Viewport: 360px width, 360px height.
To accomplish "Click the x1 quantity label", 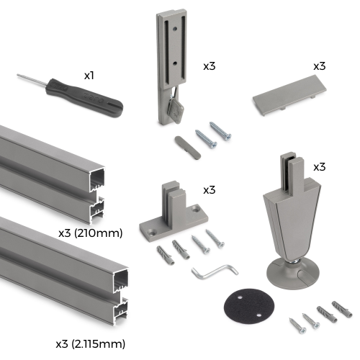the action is [x=89, y=76].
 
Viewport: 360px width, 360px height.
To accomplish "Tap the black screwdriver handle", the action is [x=84, y=97].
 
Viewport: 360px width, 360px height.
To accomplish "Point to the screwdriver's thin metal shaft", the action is [x=32, y=79].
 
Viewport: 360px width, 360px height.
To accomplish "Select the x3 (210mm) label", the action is [x=91, y=233].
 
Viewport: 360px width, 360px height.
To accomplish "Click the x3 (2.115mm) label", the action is [x=91, y=344].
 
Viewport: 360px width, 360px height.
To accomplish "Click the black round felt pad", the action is [x=249, y=306].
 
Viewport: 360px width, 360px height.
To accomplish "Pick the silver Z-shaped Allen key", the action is [x=215, y=272].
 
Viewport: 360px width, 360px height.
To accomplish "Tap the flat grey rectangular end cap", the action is [x=289, y=95].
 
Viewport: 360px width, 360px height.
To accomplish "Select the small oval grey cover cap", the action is [x=187, y=148].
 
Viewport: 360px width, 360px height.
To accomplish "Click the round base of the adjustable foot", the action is [x=293, y=274].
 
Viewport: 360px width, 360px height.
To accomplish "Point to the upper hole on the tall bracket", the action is [x=175, y=29].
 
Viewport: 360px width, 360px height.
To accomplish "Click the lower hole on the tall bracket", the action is [x=175, y=63].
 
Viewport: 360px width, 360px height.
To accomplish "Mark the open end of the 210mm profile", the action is [x=97, y=196].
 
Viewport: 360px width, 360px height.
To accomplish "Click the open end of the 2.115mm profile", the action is [x=121, y=297].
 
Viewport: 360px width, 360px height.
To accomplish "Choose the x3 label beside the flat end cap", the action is [x=320, y=66].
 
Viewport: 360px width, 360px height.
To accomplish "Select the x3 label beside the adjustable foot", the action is [x=320, y=167].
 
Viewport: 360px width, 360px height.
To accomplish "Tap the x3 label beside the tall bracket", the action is [x=210, y=66].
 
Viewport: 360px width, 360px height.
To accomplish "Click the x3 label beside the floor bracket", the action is [x=210, y=190].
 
